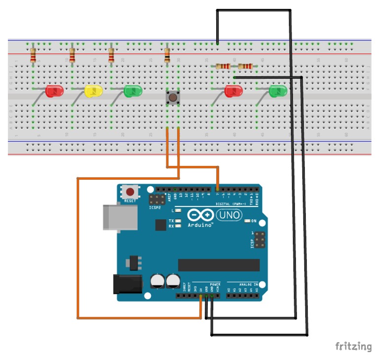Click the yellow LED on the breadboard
point(93,91)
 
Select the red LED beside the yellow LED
point(54,91)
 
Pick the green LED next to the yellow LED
point(132,91)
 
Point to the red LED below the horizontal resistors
point(233,91)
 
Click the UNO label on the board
point(228,215)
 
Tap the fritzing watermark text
point(353,346)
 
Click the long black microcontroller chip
point(218,265)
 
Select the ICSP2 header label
point(155,208)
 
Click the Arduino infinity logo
point(200,216)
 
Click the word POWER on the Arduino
point(215,285)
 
